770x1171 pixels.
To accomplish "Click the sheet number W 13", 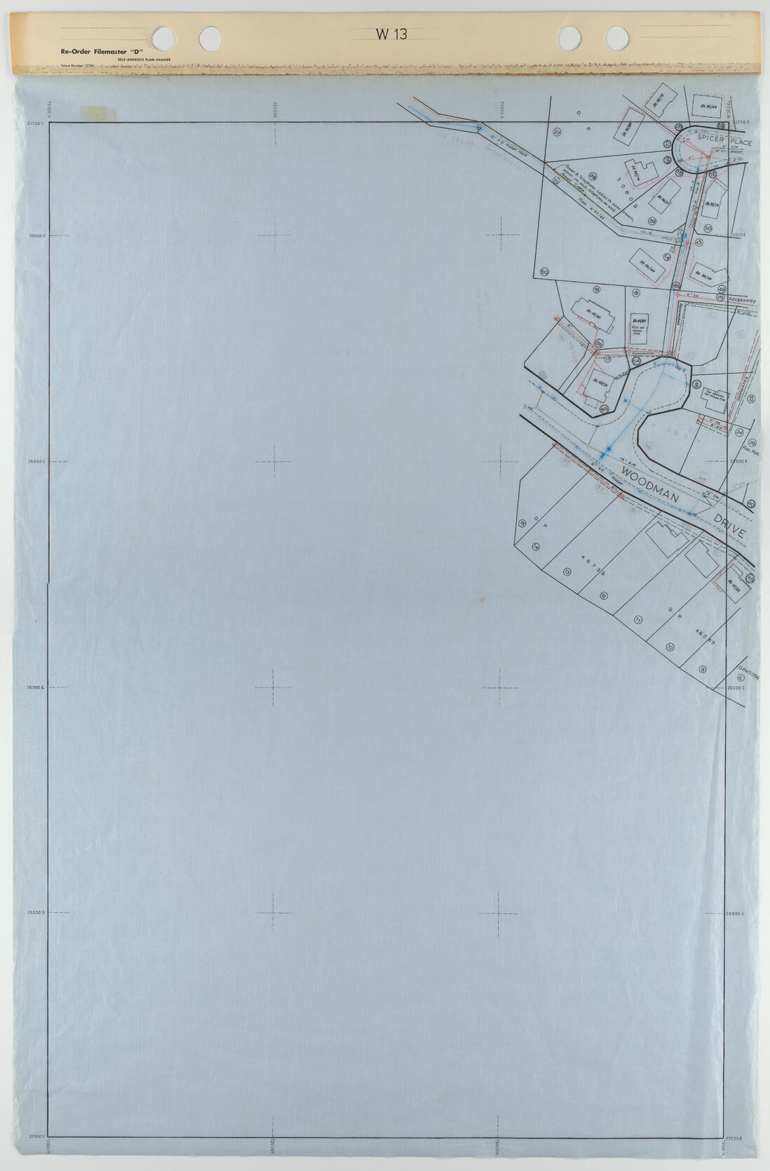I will tap(391, 34).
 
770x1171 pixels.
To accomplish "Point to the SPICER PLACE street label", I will tap(724, 142).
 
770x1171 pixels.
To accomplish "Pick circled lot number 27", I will tap(558, 132).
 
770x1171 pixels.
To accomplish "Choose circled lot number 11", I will tap(637, 620).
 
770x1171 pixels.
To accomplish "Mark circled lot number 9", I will tap(702, 670).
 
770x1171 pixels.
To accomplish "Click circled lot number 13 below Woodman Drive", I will tap(567, 571).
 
